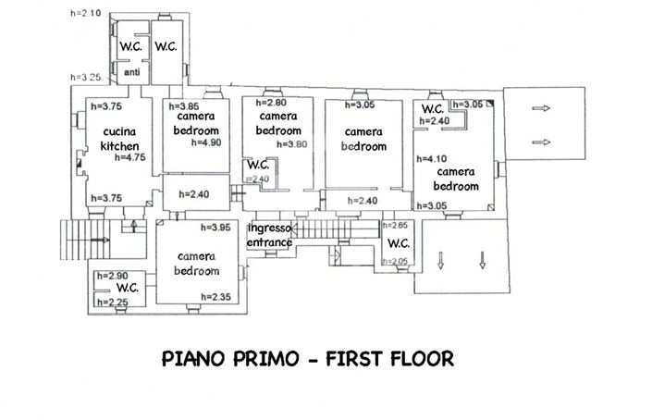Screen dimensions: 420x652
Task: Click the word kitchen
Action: (x=120, y=146)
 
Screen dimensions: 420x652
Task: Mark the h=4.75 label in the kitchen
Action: (x=130, y=158)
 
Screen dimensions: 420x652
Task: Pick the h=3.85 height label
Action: (x=185, y=106)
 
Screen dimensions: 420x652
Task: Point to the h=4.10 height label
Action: (x=436, y=157)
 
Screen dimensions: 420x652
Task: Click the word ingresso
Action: (x=271, y=228)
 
